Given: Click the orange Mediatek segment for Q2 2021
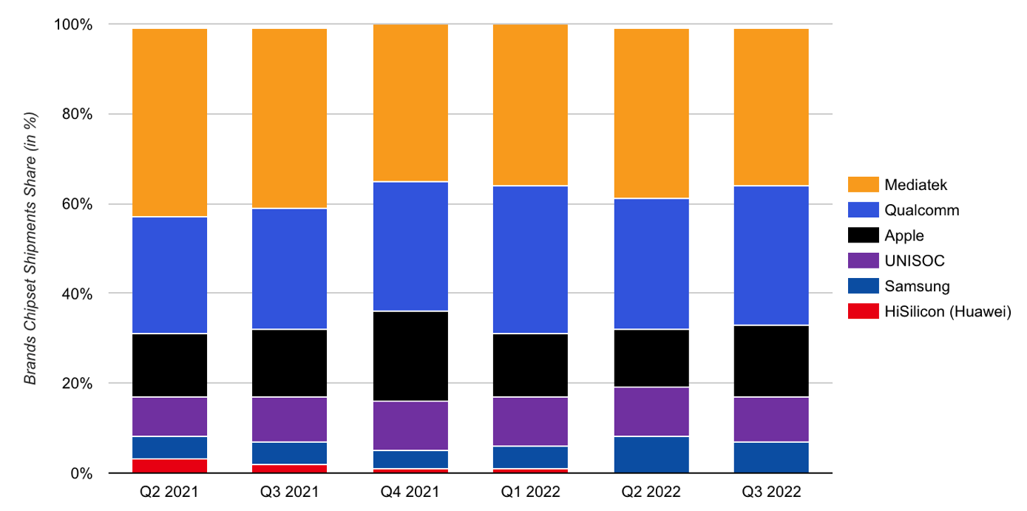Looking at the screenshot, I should pyautogui.click(x=169, y=123).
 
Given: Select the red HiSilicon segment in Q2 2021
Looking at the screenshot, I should pyautogui.click(x=169, y=466).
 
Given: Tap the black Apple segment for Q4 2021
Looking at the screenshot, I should pyautogui.click(x=410, y=356).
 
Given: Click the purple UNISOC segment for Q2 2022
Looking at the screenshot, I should pyautogui.click(x=651, y=412).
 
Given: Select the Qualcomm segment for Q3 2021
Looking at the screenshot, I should pyautogui.click(x=290, y=268).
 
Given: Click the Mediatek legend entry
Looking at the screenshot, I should pyautogui.click(x=915, y=185).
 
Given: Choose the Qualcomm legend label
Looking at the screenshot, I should pyautogui.click(x=921, y=210).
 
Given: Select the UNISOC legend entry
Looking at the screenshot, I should pyautogui.click(x=914, y=261).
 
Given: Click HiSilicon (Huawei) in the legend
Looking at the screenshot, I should pyautogui.click(x=947, y=312).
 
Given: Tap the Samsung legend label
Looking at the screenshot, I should pyautogui.click(x=917, y=286).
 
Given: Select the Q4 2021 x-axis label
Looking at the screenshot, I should pyautogui.click(x=410, y=493).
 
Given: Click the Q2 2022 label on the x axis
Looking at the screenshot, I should pyautogui.click(x=651, y=493).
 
